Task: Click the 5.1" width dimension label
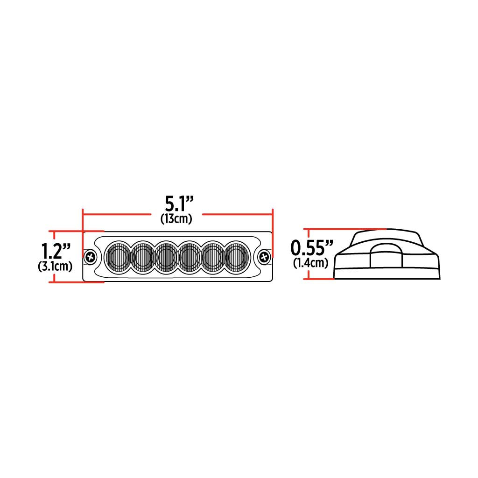point(179,204)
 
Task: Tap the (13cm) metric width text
point(176,218)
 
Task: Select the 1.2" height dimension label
point(55,252)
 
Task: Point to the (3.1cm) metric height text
point(55,267)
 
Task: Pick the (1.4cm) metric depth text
point(310,263)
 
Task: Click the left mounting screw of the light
point(90,256)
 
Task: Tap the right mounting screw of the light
point(265,256)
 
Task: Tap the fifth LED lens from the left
point(213,256)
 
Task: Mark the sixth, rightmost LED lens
point(237,256)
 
